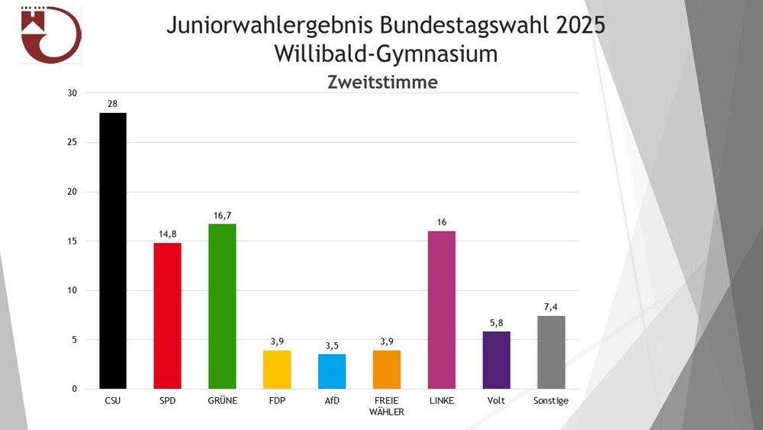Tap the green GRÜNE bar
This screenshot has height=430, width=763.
click(222, 306)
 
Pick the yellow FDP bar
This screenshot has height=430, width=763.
click(277, 370)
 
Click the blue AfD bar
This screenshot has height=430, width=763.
click(332, 371)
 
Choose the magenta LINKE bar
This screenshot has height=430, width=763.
click(442, 309)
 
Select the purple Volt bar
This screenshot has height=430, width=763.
click(497, 360)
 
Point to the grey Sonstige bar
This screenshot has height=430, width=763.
click(552, 352)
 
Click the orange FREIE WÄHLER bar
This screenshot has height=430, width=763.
click(387, 370)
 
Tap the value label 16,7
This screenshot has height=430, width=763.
click(222, 216)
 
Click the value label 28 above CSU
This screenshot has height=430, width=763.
click(113, 104)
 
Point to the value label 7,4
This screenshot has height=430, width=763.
click(552, 307)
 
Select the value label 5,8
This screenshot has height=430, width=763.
click(497, 323)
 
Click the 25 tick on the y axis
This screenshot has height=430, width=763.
click(72, 143)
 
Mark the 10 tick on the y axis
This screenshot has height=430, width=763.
click(72, 291)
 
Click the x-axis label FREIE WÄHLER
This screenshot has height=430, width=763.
click(387, 406)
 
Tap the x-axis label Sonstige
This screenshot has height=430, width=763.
click(552, 401)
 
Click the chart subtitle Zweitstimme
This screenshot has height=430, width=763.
click(382, 82)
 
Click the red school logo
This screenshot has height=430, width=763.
click(50, 34)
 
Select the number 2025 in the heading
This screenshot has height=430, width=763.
click(581, 25)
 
